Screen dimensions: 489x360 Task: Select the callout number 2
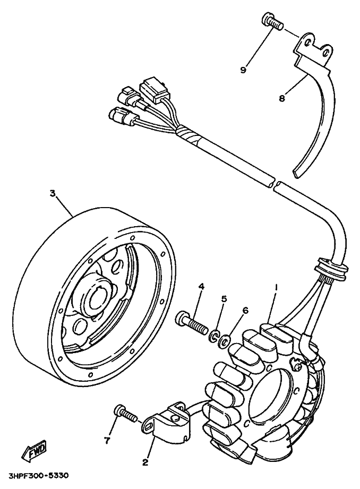144,462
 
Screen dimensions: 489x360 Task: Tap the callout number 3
52,194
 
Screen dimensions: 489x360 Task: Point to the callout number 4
202,287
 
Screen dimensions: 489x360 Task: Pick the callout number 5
224,299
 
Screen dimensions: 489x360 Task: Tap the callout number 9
243,70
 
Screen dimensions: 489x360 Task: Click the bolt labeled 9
271,22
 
